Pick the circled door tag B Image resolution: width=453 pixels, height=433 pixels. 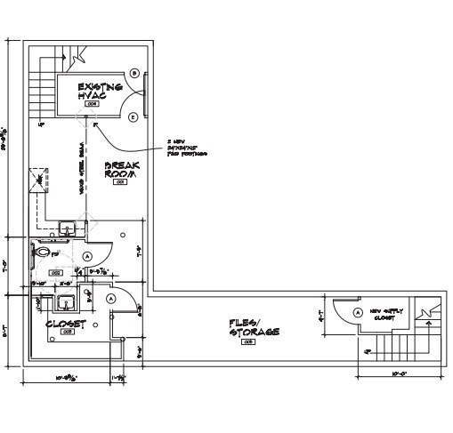[x=134, y=73]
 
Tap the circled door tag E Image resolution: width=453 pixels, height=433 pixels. [x=133, y=116]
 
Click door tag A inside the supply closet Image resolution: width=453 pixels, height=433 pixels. [x=358, y=313]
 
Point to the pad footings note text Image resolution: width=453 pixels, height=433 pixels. [x=186, y=148]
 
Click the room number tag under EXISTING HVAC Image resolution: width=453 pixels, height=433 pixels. [x=91, y=105]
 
